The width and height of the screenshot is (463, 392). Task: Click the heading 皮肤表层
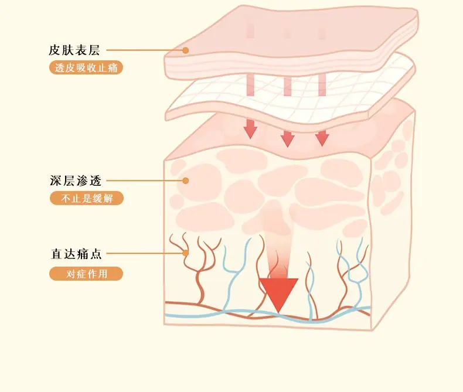pyautogui.click(x=74, y=50)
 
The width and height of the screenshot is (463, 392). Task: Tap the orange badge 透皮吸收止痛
pyautogui.click(x=86, y=67)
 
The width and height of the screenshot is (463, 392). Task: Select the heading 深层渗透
pyautogui.click(x=76, y=180)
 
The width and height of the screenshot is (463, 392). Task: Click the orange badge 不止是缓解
pyautogui.click(x=87, y=198)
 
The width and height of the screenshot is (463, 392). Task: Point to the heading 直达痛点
pyautogui.click(x=76, y=254)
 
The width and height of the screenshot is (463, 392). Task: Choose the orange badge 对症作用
pyautogui.click(x=86, y=274)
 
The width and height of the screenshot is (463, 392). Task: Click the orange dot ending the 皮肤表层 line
pyautogui.click(x=185, y=50)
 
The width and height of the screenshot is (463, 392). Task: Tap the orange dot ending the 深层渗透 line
pyautogui.click(x=185, y=180)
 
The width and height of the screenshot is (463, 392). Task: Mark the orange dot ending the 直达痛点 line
pyautogui.click(x=185, y=253)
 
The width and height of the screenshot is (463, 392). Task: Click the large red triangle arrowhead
pyautogui.click(x=278, y=292)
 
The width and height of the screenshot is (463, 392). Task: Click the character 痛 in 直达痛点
pyautogui.click(x=83, y=254)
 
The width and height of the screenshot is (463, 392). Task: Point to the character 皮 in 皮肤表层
pyautogui.click(x=55, y=50)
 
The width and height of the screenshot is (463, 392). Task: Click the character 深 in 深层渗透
pyautogui.click(x=56, y=180)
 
